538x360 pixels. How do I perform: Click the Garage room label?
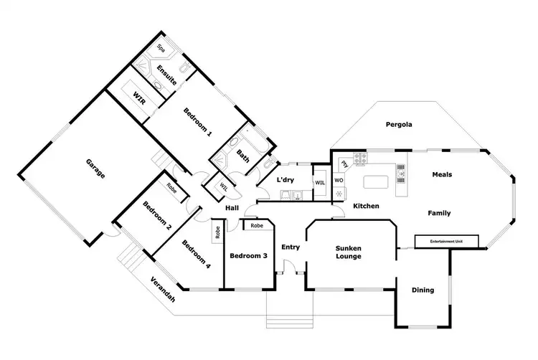(x=95, y=170)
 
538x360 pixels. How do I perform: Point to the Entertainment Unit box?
(x=446, y=242)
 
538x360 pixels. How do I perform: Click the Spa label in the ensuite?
(x=160, y=51)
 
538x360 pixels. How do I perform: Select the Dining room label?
(x=423, y=290)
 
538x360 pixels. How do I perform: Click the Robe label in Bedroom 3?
(x=257, y=225)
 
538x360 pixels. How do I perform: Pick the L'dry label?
(x=287, y=180)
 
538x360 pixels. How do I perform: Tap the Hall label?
(x=232, y=207)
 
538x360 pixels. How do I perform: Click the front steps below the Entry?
(x=290, y=310)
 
